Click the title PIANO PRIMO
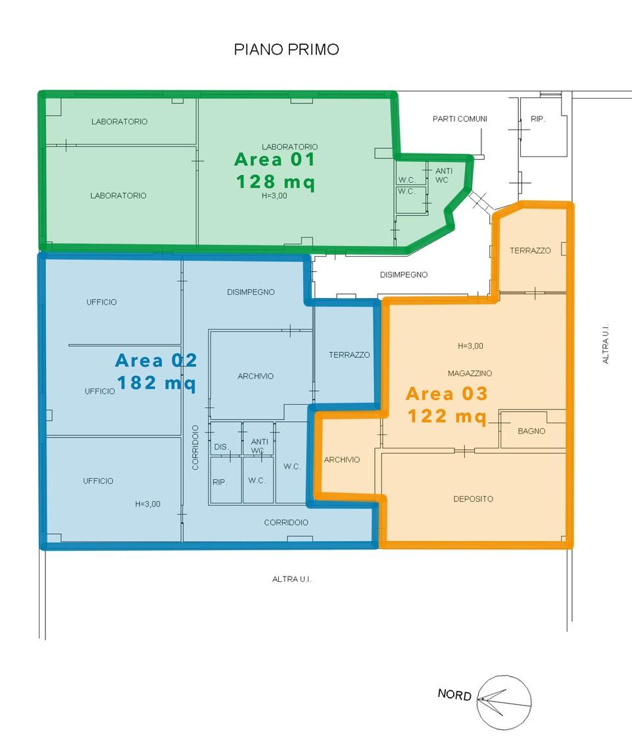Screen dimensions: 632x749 pos(286,49)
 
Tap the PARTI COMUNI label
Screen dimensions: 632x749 pos(460,118)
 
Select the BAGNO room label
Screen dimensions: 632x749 pos(531,431)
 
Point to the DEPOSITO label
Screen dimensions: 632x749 pos(473,499)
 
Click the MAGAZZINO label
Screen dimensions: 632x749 pos(470,373)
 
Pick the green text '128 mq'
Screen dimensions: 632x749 pos(276,182)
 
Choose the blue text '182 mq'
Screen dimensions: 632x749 pos(156,383)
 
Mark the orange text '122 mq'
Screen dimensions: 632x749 pos(447,416)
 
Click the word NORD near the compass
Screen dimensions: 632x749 pos(454,694)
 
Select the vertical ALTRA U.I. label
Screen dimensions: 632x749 pos(606,344)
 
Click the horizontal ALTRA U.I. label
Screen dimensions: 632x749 pos(291,579)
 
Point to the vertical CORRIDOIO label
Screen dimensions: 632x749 pos(195,447)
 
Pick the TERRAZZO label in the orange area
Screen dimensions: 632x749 pos(530,250)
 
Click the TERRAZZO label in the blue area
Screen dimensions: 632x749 pos(349,355)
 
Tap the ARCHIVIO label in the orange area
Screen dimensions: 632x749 pos(342,459)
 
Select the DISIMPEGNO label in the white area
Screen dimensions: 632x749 pos(404,274)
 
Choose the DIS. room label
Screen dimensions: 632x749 pos(220,447)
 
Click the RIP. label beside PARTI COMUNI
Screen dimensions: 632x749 pos(537,118)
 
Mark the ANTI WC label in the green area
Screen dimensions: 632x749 pos(443,175)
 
